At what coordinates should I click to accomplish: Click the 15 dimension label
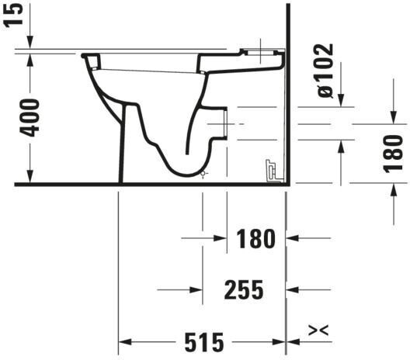13,14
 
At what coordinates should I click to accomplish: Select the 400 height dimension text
30,118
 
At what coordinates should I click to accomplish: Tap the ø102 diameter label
325,71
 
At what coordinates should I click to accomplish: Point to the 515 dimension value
204,342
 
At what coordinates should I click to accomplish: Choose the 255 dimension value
244,289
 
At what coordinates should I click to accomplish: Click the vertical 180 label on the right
393,153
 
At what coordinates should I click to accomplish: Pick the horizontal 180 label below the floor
255,238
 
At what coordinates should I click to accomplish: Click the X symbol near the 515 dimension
318,331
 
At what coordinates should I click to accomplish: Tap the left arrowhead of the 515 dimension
125,341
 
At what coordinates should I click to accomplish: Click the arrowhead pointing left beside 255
292,289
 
